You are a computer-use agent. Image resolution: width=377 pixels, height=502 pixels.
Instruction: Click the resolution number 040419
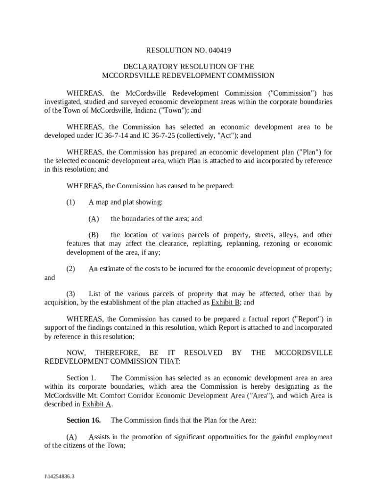[219, 50]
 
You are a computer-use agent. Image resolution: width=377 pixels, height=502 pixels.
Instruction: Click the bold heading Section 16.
[84, 420]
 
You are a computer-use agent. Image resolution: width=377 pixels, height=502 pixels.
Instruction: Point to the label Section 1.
[81, 378]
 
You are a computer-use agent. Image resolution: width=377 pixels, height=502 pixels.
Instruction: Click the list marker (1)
[71, 202]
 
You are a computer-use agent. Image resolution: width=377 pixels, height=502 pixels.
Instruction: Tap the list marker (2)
[71, 269]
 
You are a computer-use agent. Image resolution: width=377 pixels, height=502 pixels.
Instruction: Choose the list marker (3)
[71, 294]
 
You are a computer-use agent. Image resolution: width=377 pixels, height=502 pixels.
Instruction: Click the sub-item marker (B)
[94, 235]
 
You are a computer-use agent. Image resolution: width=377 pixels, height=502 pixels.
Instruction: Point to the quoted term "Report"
[295, 319]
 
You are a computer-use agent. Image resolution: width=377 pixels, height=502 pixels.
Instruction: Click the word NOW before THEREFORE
[76, 353]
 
